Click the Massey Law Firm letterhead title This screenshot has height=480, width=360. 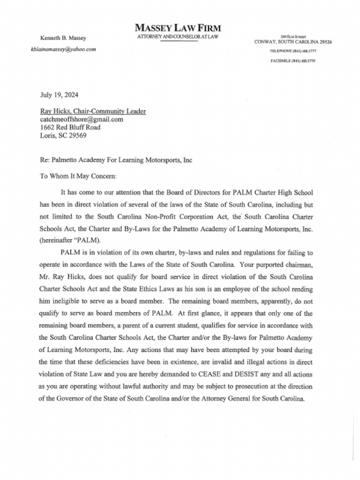coord(178,28)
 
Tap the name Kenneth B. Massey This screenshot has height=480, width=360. coord(60,38)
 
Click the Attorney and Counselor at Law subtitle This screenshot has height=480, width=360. coord(178,37)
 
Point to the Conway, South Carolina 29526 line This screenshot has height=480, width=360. coord(293,42)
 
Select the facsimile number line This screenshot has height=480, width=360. coord(293,61)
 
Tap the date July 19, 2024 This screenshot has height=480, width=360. coord(59,94)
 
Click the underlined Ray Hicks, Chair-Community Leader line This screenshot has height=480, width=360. coord(93,111)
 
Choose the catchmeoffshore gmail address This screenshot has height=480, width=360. coord(82,119)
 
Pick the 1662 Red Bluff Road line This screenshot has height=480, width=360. coord(70,127)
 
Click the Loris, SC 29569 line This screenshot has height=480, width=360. coord(63,136)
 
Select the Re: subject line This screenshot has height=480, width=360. coord(116,160)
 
